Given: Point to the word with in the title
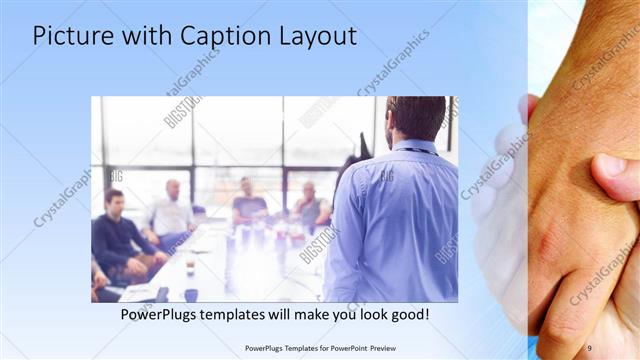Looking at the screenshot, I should (x=145, y=36).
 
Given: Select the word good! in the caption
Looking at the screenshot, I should (x=409, y=315).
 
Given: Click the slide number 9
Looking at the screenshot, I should (x=589, y=347).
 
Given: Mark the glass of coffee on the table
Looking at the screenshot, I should (x=190, y=268).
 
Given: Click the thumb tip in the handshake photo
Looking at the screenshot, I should (x=611, y=166).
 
